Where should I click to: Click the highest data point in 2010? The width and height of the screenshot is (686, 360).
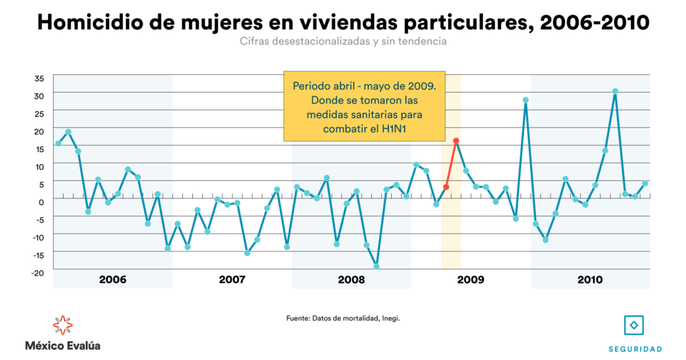coord(615,91)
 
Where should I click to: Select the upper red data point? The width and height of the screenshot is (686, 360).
coord(456,141)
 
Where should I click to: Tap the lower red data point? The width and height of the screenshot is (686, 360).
coord(445,187)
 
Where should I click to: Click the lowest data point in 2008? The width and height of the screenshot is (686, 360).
coord(376,266)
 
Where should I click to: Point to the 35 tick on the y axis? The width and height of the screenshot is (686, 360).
coord(39,78)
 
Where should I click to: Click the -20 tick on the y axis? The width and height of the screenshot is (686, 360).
coord(38,272)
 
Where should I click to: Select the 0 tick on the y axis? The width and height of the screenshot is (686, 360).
coord(40,201)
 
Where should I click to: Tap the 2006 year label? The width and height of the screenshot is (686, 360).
coord(113,279)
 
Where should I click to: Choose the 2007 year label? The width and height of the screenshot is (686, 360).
coord(232,279)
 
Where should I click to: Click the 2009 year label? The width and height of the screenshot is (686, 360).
coord(470,279)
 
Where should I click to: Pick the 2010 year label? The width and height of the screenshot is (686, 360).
coord(590,279)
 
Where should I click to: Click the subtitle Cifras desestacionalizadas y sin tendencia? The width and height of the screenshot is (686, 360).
coord(342,42)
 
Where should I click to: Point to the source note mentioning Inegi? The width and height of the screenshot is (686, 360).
coord(342,318)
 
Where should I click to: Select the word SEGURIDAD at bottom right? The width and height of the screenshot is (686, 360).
coord(635,349)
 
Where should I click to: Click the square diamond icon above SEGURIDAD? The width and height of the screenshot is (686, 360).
coord(634,325)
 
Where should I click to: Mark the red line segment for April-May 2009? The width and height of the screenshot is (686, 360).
coord(451,164)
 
